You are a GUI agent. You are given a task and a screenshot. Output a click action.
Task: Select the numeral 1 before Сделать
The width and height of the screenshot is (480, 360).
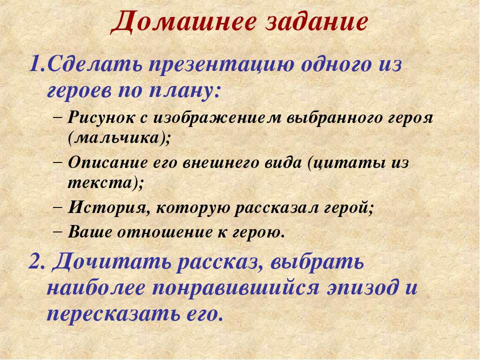34,64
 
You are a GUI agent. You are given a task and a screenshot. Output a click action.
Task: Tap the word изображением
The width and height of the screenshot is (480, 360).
217,118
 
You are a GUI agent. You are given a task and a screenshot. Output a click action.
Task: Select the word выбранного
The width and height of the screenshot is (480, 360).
335,118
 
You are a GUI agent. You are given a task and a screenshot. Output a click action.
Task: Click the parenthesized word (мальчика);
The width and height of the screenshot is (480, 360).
119,138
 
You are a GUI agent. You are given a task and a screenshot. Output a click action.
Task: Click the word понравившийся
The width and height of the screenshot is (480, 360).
235,288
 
